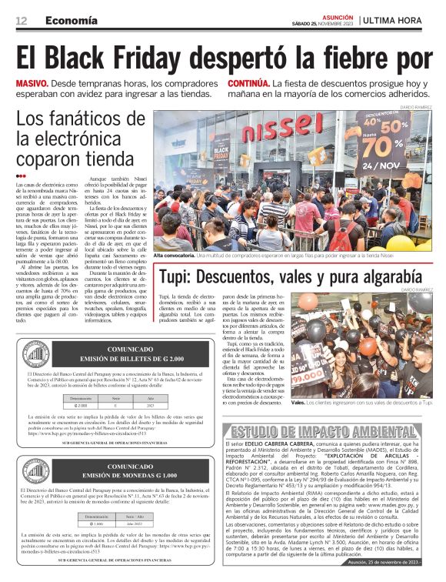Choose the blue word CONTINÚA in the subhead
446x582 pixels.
click(x=249, y=82)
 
